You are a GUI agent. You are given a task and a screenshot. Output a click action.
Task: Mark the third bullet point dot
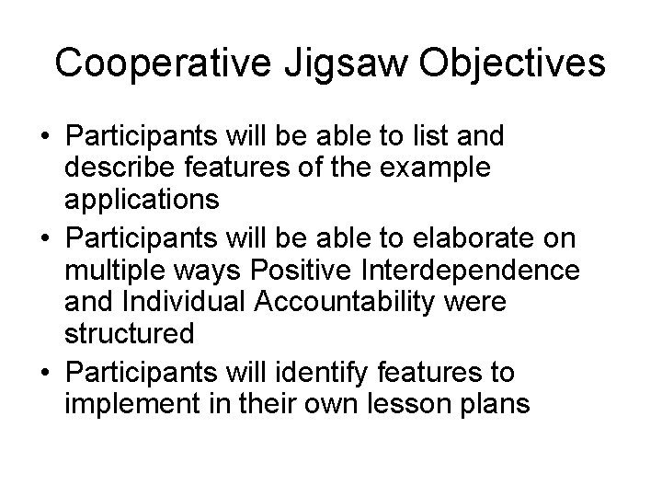[x=44, y=373]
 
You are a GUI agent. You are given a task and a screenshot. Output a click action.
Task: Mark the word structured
[x=131, y=334]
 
